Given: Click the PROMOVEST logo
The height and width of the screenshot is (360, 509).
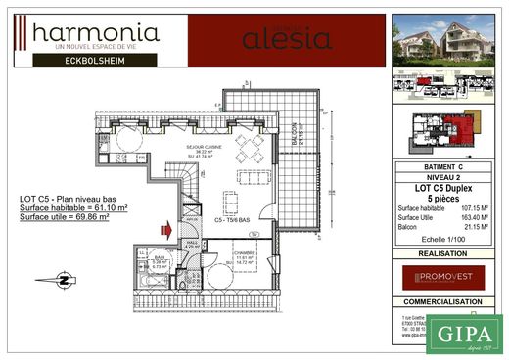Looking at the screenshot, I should pyautogui.click(x=443, y=278).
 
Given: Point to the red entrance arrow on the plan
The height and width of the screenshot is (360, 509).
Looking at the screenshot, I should pyautogui.click(x=166, y=231).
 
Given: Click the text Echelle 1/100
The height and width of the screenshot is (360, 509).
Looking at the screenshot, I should pyautogui.click(x=443, y=240).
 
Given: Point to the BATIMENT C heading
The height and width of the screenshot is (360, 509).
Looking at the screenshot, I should pyautogui.click(x=443, y=167).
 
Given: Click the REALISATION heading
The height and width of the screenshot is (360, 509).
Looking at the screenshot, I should pyautogui.click(x=443, y=252).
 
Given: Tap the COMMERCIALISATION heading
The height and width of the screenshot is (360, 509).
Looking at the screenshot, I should pyautogui.click(x=443, y=302).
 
